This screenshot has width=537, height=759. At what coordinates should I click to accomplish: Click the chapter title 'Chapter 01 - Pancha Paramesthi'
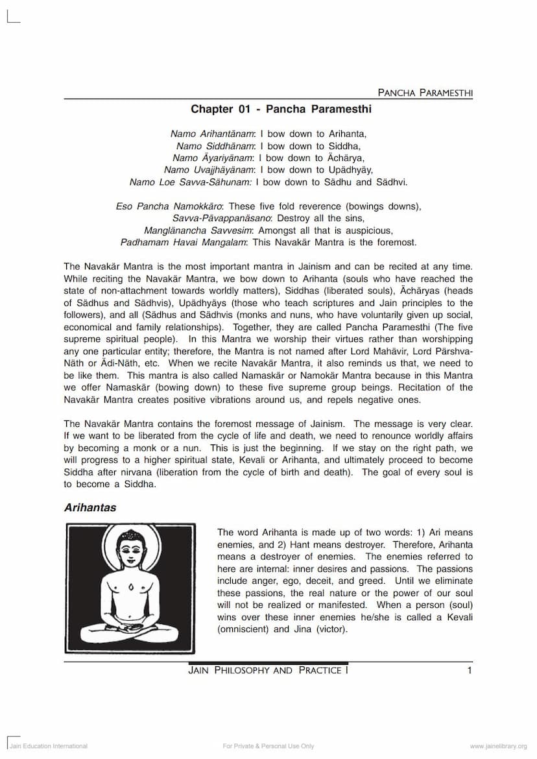click(281, 110)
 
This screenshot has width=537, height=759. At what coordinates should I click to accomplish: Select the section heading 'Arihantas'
click(90, 508)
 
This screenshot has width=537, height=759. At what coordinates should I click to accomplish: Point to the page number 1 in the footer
click(470, 671)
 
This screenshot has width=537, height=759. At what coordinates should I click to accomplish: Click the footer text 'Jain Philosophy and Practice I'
click(268, 671)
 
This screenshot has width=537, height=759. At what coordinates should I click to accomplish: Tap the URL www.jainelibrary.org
click(498, 747)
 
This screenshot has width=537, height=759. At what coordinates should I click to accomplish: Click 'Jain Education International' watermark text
click(48, 747)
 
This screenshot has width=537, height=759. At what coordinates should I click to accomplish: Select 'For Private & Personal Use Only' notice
click(268, 747)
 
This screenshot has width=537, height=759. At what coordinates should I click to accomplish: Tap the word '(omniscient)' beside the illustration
click(243, 629)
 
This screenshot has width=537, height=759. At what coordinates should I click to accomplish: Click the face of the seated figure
click(131, 555)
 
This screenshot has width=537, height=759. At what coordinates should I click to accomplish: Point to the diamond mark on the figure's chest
click(131, 587)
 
